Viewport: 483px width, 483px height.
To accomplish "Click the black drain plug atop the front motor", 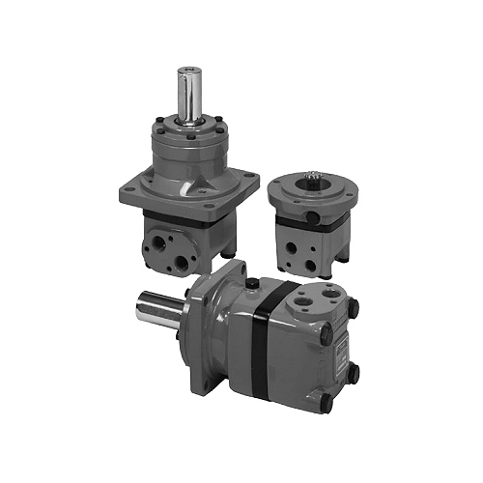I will point(251,284).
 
